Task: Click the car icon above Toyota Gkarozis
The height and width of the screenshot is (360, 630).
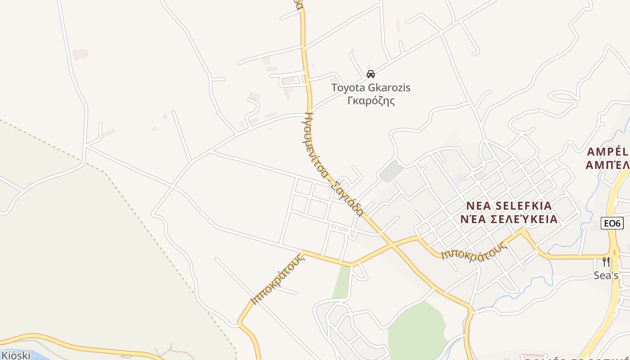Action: pos(371,74)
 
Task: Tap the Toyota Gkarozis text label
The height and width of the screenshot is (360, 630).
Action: pos(371,88)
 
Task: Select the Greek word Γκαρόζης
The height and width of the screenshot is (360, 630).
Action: pos(371,100)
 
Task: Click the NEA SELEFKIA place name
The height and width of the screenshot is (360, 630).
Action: pos(508,206)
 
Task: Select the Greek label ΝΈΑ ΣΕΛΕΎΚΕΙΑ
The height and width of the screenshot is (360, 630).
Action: pos(509,220)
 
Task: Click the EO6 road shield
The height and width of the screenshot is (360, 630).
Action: pos(612,223)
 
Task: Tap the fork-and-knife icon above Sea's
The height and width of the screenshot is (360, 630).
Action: pos(606,262)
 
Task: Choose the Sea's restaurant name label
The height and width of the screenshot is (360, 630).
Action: pos(606,275)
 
